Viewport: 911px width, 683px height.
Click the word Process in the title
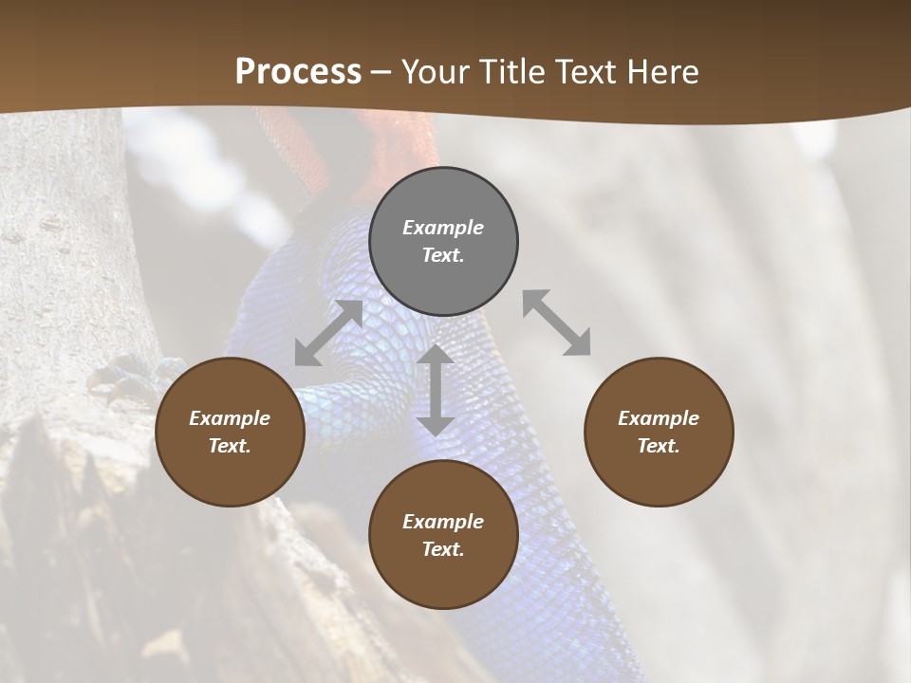(x=298, y=72)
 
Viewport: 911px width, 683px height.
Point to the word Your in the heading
(x=434, y=72)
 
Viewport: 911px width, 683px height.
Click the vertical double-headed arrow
(x=436, y=390)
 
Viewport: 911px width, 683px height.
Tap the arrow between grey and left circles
(x=329, y=332)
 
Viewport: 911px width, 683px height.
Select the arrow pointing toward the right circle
(x=556, y=323)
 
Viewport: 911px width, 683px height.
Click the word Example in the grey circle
(x=443, y=228)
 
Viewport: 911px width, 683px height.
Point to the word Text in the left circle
(x=230, y=446)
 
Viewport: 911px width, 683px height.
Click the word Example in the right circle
(x=659, y=418)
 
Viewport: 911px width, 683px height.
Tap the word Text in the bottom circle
(x=443, y=549)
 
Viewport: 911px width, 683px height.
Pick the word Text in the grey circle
(x=443, y=255)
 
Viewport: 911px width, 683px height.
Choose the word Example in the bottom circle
(x=443, y=522)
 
